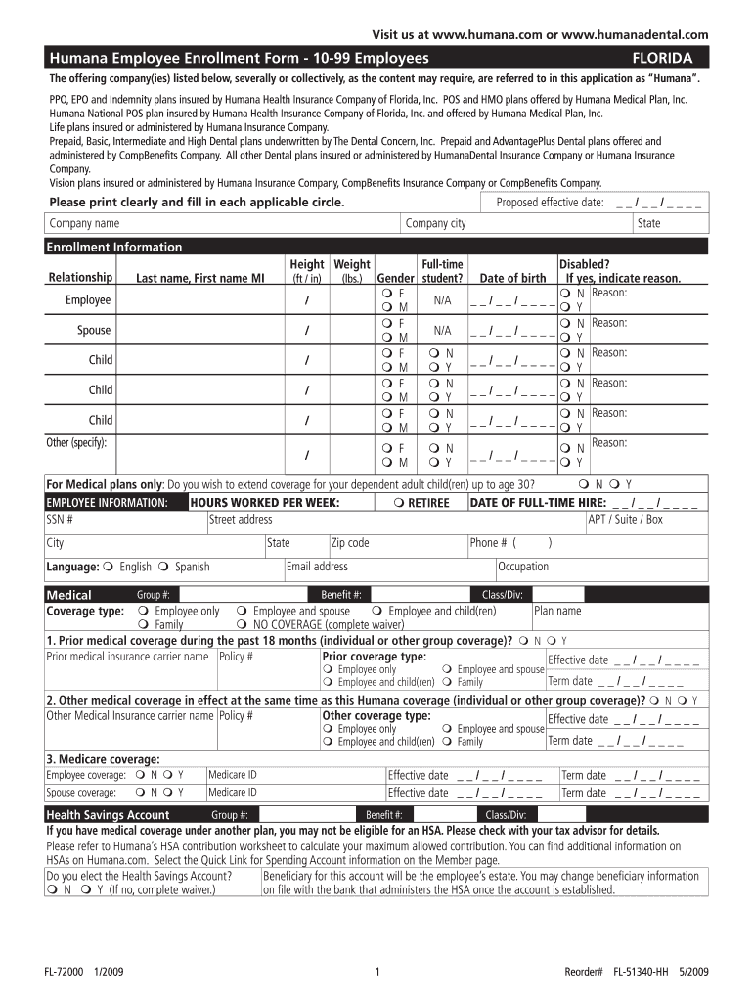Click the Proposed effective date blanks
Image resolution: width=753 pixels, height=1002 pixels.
coord(658,203)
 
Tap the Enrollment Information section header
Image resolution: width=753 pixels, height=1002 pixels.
coord(114,247)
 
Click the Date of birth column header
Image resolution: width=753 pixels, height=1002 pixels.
coord(512,278)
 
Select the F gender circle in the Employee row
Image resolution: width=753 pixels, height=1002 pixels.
coord(388,293)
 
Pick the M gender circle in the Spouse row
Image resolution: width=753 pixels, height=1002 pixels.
coord(388,338)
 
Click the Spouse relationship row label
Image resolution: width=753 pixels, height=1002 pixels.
coord(94,330)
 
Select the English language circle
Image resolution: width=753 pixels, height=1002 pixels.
coord(108,567)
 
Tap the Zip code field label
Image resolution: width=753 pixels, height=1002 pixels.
coord(350,543)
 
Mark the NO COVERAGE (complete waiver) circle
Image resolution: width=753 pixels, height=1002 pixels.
coord(242,624)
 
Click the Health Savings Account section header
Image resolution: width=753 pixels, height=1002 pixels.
coord(108,815)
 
